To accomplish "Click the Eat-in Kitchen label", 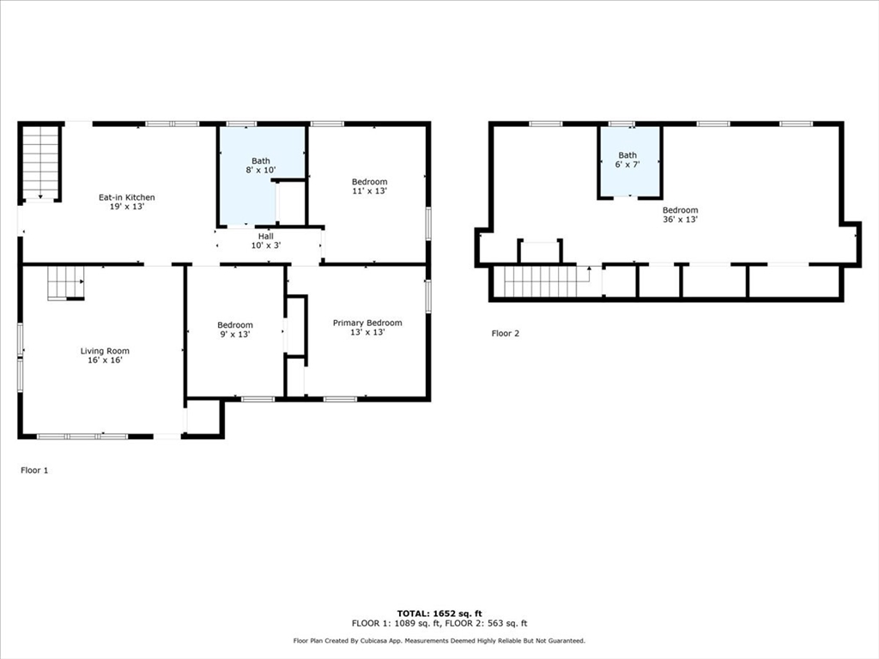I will (126, 197).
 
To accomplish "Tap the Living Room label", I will (105, 351).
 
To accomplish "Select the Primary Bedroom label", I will (367, 323).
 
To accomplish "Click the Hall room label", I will (266, 236).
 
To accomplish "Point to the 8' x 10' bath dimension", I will (260, 171).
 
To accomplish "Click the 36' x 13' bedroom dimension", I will (679, 220).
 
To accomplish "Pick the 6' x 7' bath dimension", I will (627, 165).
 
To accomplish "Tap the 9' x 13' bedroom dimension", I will (234, 335).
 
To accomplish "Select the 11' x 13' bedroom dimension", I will (369, 191).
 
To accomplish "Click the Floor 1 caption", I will (34, 470).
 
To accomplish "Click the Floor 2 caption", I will (505, 333).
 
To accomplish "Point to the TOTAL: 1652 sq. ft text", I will (439, 614).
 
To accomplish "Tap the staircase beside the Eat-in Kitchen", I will (39, 161).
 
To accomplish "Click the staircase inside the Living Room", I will (65, 282).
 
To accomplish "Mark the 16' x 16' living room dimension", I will (105, 360).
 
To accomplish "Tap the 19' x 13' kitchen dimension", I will (126, 207).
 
